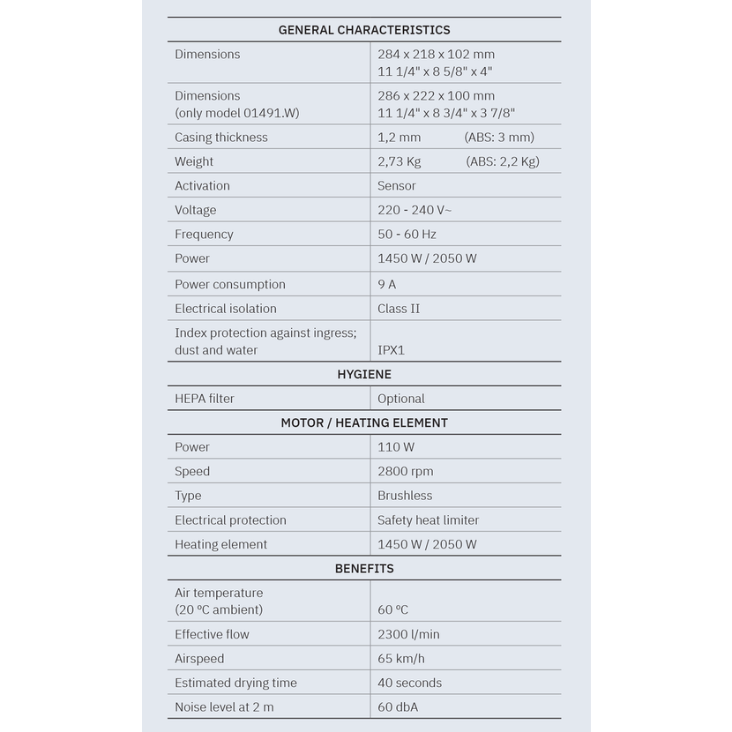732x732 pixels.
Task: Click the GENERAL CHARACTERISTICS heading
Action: pyautogui.click(x=364, y=30)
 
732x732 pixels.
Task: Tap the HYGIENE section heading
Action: pyautogui.click(x=364, y=374)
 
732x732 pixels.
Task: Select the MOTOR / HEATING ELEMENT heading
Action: pyautogui.click(x=364, y=422)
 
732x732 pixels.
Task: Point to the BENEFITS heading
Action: pyautogui.click(x=364, y=568)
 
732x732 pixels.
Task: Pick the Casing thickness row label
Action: pyautogui.click(x=221, y=137)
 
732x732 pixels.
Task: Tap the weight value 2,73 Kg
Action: pyautogui.click(x=400, y=161)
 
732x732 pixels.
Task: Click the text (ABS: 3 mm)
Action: pyautogui.click(x=499, y=137)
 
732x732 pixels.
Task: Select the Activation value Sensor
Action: pyautogui.click(x=397, y=185)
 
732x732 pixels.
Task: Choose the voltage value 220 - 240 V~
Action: pyautogui.click(x=415, y=210)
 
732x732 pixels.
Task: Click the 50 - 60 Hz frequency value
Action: pyautogui.click(x=407, y=234)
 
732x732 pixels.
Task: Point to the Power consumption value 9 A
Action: pyautogui.click(x=387, y=284)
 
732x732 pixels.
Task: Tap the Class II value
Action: pyautogui.click(x=399, y=309)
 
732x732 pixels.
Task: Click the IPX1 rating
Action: pyautogui.click(x=392, y=350)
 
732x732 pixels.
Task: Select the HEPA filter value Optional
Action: pyautogui.click(x=401, y=399)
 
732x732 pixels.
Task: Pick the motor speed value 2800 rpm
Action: pyautogui.click(x=406, y=471)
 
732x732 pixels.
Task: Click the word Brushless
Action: pyautogui.click(x=405, y=496)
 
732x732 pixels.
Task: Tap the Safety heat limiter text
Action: pyautogui.click(x=429, y=520)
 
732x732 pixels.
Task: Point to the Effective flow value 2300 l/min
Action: pyautogui.click(x=408, y=634)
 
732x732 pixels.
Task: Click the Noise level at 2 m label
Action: pyautogui.click(x=224, y=706)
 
